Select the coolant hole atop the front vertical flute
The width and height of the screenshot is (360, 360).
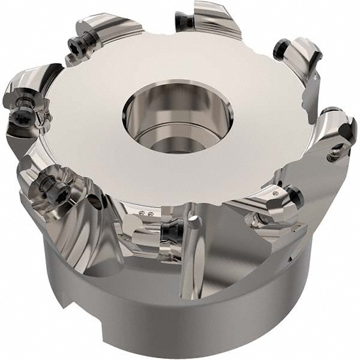(194, 221)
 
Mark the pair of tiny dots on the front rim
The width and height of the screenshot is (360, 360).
(141, 212)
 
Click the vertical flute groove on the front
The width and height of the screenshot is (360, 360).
(192, 264)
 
